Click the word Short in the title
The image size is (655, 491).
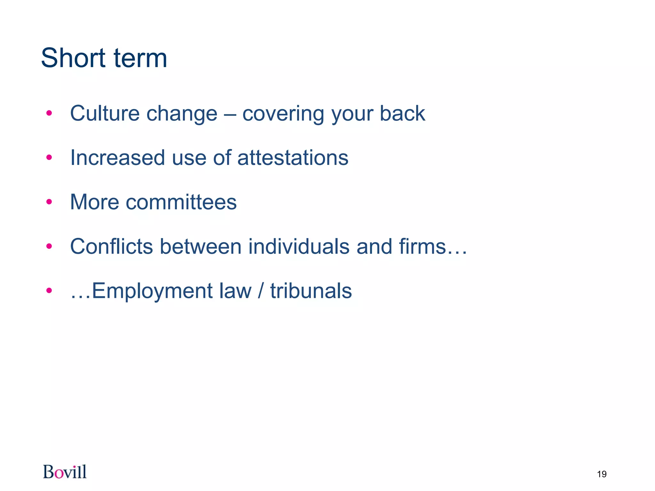(73, 58)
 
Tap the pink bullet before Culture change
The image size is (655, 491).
(49, 113)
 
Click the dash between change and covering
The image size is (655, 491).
(230, 114)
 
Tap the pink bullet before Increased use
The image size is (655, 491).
(49, 157)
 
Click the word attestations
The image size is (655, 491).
(293, 158)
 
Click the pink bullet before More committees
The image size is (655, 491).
(49, 202)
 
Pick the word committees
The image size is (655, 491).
(181, 202)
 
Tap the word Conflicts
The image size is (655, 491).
(111, 246)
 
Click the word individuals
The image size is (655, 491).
(299, 246)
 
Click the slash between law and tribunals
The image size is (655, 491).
(261, 291)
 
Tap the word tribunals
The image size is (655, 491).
(311, 291)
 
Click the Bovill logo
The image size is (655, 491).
(65, 472)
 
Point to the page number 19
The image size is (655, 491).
(602, 474)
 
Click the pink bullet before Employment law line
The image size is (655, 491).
(49, 291)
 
